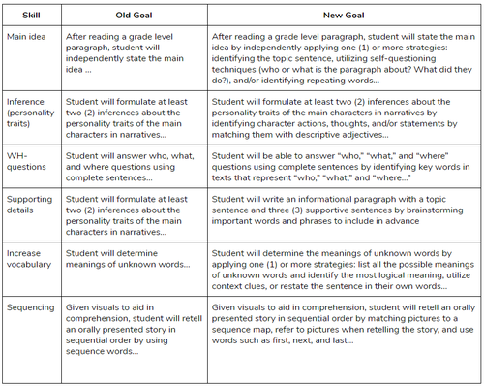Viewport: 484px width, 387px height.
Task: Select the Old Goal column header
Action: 133,16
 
